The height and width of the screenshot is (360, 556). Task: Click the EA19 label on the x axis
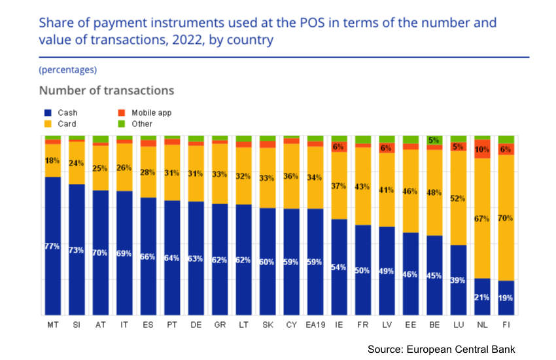pyautogui.click(x=315, y=325)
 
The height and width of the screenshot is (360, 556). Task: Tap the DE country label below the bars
pyautogui.click(x=196, y=325)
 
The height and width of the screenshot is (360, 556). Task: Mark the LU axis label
pyautogui.click(x=459, y=325)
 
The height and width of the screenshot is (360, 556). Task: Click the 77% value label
pyautogui.click(x=52, y=246)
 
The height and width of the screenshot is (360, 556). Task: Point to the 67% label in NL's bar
pyautogui.click(x=482, y=219)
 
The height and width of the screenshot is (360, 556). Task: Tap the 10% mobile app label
pyautogui.click(x=482, y=149)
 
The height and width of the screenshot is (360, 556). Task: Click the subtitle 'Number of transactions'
pyautogui.click(x=106, y=90)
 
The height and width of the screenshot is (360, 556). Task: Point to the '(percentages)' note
pyautogui.click(x=68, y=69)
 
